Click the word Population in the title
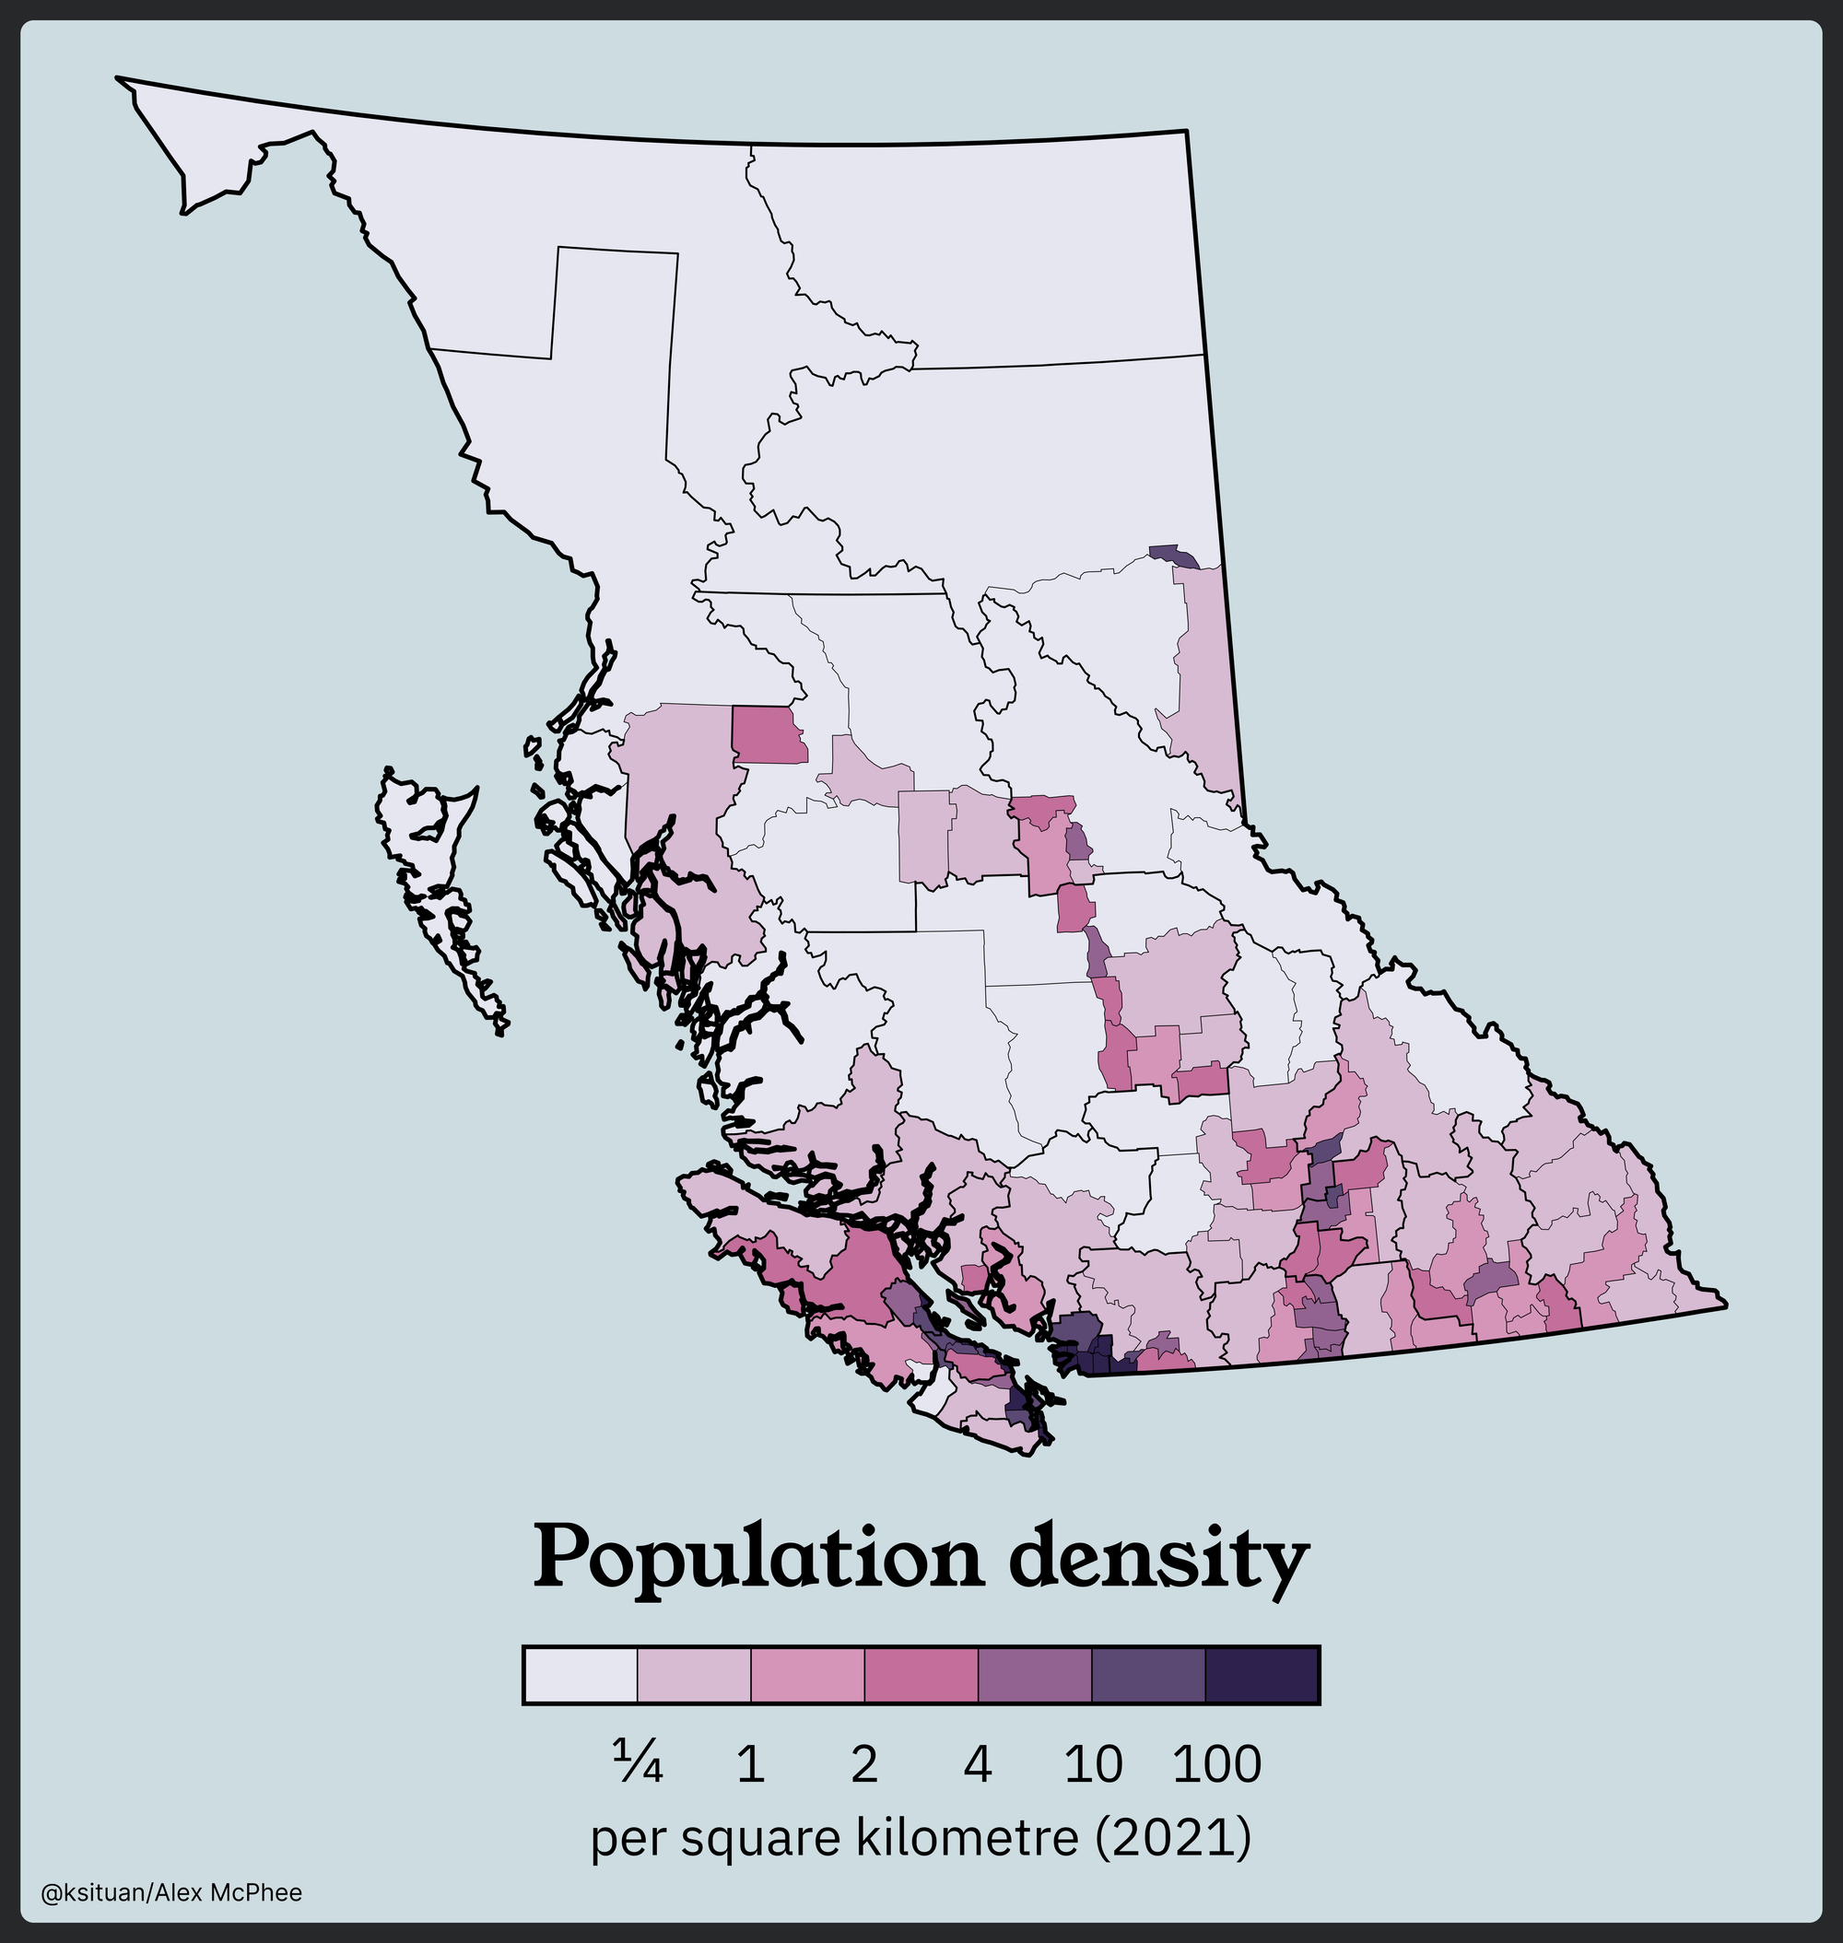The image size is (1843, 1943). (757, 1560)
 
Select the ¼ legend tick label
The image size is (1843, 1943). (638, 1764)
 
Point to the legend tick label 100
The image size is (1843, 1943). (1217, 1764)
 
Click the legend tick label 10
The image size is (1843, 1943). (1093, 1764)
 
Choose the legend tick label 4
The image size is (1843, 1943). (978, 1764)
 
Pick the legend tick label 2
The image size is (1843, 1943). (863, 1764)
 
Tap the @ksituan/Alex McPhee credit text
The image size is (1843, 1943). (172, 1893)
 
